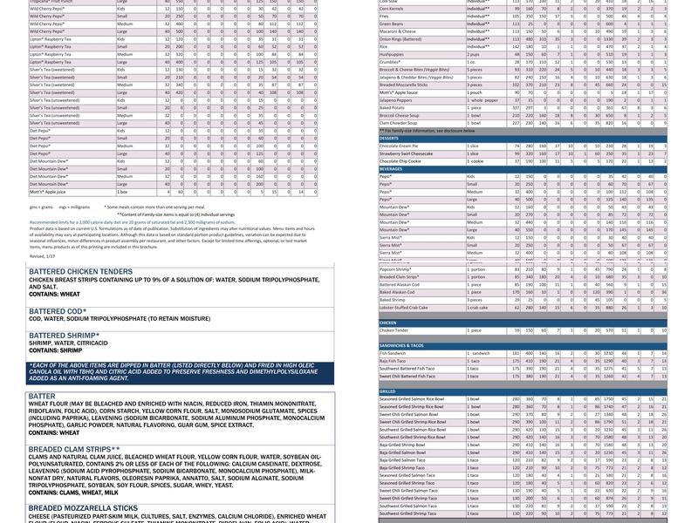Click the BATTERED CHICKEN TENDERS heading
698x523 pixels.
click(x=80, y=272)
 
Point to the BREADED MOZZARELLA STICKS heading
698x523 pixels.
click(x=83, y=507)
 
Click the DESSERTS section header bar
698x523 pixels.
click(x=389, y=138)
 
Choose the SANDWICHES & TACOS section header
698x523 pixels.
click(x=401, y=345)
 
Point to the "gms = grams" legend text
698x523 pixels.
click(x=42, y=207)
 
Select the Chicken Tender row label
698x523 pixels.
click(x=396, y=330)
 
